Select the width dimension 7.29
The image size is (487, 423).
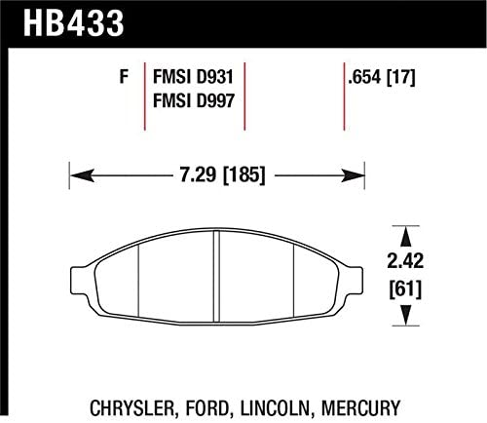191,176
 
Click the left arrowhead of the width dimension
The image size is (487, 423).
76,176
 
